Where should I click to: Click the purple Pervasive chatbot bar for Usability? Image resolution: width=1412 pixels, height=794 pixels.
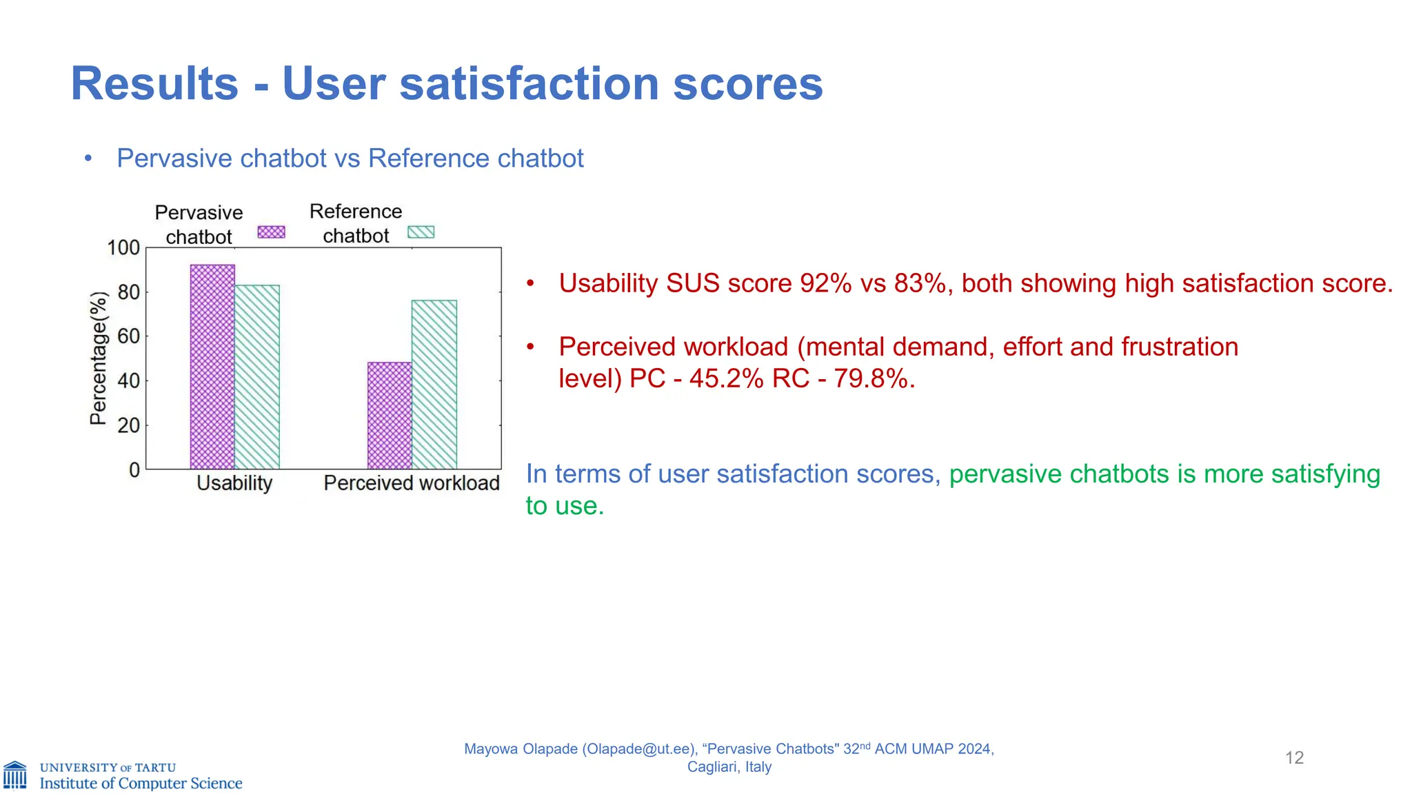click(x=212, y=367)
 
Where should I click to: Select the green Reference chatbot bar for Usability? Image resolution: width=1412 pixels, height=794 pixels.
click(x=257, y=377)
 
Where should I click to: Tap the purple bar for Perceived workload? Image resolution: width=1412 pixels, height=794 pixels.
click(x=390, y=416)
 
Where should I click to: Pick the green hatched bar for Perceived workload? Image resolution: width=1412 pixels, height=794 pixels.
click(x=434, y=385)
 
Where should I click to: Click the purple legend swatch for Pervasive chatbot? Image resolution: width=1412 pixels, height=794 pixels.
click(x=271, y=232)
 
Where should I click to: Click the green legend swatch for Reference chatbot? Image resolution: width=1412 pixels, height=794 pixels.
click(x=421, y=232)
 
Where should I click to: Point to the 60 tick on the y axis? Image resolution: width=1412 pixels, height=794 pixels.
click(x=129, y=336)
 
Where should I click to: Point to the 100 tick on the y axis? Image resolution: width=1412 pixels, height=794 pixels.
click(x=124, y=247)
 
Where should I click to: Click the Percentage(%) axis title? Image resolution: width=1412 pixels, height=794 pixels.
click(x=99, y=358)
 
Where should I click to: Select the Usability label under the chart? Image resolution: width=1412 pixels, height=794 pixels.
click(x=234, y=483)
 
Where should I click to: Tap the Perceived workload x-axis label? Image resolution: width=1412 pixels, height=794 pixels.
click(x=412, y=483)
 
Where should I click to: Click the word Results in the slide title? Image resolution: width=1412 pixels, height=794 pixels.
click(x=154, y=84)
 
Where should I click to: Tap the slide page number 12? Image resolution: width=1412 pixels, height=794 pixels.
click(x=1294, y=758)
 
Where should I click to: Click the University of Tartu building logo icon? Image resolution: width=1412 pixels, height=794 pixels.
click(x=15, y=775)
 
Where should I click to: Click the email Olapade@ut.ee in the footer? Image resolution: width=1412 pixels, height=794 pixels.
click(x=638, y=749)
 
